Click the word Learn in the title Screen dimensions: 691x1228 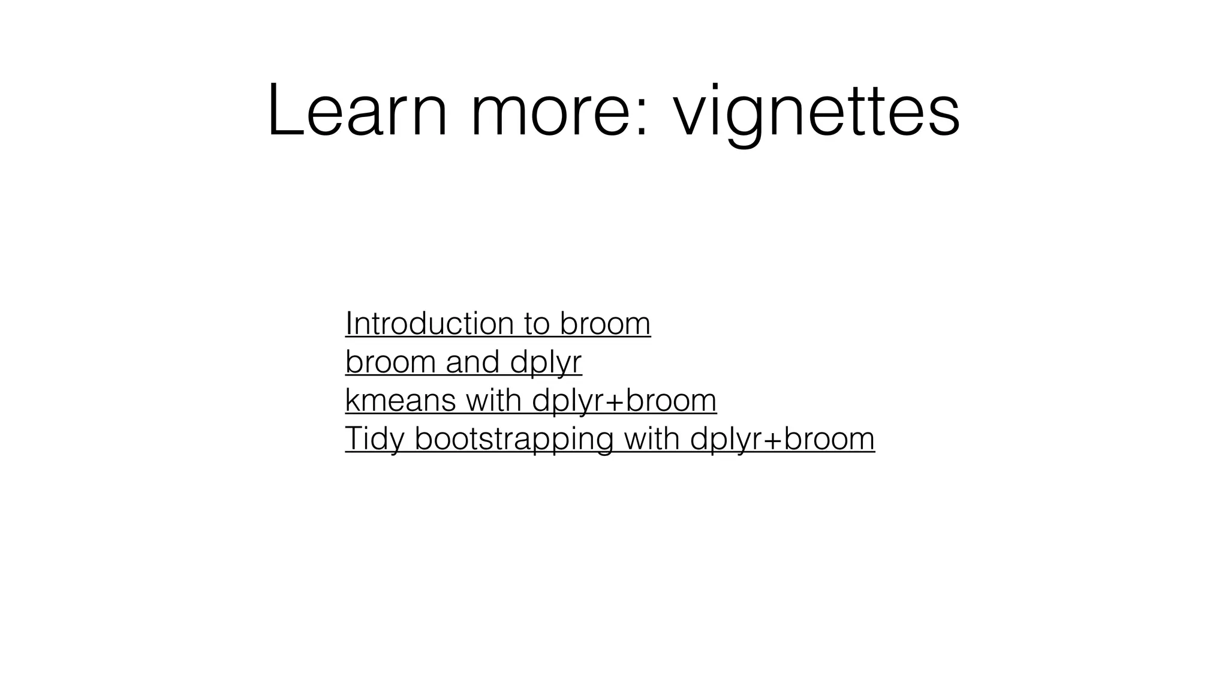pos(357,111)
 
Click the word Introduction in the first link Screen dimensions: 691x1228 pos(429,324)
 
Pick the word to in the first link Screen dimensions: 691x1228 pos(537,324)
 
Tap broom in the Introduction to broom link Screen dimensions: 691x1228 pos(606,324)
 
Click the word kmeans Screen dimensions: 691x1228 pos(401,401)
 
